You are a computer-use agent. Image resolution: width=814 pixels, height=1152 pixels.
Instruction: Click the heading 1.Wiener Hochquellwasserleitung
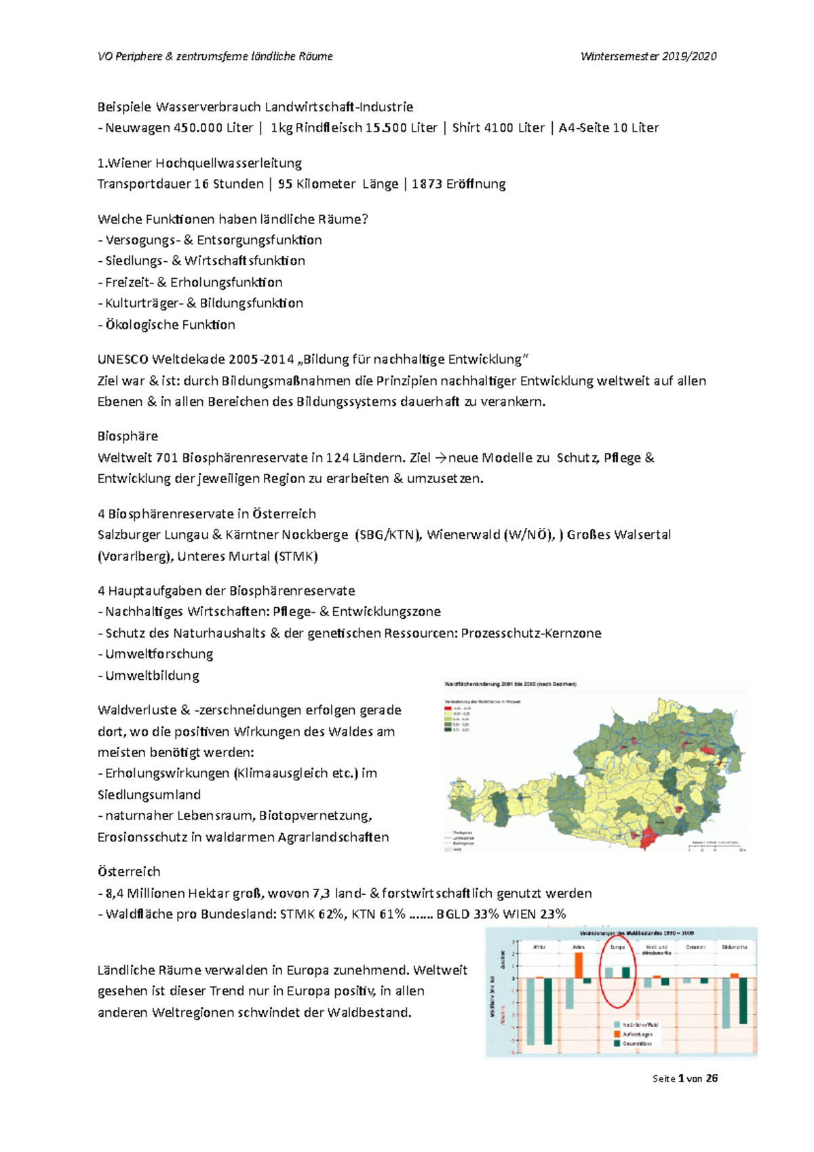pyautogui.click(x=199, y=163)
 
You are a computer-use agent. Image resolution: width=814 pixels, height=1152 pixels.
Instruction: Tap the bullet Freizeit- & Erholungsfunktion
pyautogui.click(x=193, y=282)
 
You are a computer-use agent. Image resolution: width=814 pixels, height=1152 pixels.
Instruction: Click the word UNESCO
pyautogui.click(x=123, y=359)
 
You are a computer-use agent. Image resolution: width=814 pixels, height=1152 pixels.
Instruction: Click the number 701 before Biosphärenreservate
pyautogui.click(x=167, y=458)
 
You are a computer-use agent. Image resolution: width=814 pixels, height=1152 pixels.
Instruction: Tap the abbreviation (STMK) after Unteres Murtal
pyautogui.click(x=296, y=556)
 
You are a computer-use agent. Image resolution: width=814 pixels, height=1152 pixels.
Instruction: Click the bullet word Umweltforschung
pyautogui.click(x=159, y=654)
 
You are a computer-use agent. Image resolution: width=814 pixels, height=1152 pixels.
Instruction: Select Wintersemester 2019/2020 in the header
pyautogui.click(x=648, y=56)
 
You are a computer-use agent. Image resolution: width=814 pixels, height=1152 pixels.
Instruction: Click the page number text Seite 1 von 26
pyautogui.click(x=684, y=1079)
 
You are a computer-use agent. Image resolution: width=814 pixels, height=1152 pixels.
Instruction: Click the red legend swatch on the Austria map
pyautogui.click(x=448, y=708)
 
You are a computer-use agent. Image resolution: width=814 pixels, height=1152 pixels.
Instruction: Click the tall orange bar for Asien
pyautogui.click(x=579, y=965)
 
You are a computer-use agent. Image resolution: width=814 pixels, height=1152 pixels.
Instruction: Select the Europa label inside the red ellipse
pyautogui.click(x=617, y=946)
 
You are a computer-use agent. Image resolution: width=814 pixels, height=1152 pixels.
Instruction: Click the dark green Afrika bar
pyautogui.click(x=548, y=1010)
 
